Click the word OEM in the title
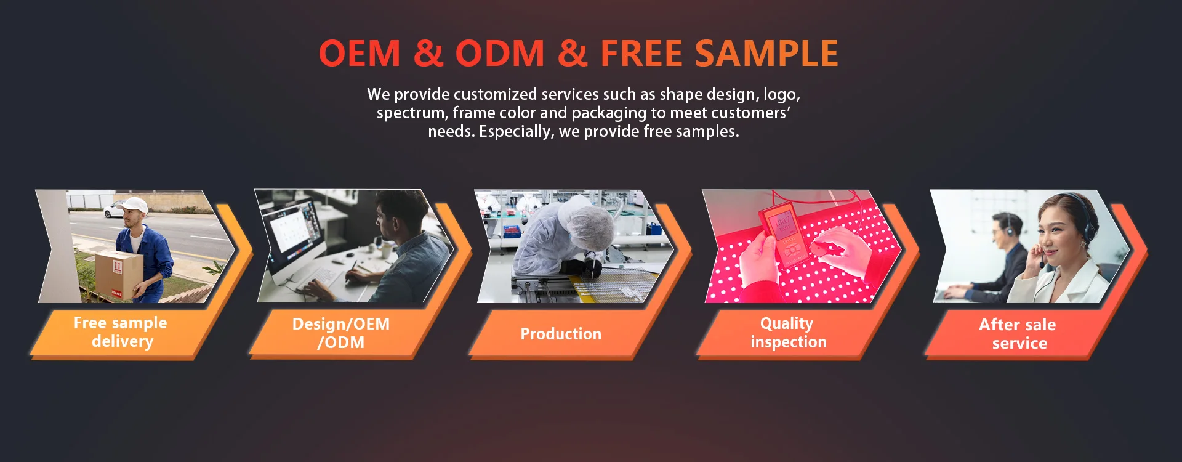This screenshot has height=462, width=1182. coord(360,54)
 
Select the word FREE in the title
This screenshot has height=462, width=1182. coord(641,54)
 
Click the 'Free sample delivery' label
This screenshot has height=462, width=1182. coord(121,332)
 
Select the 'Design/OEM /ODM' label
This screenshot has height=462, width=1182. coord(340,333)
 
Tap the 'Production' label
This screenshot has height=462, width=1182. coord(561,334)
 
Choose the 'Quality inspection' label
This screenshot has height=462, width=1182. coord(787,333)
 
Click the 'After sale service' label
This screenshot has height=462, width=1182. coord(1018,334)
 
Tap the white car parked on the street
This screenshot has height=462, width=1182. coord(115,209)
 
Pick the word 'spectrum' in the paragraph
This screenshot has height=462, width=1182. coord(411,113)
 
